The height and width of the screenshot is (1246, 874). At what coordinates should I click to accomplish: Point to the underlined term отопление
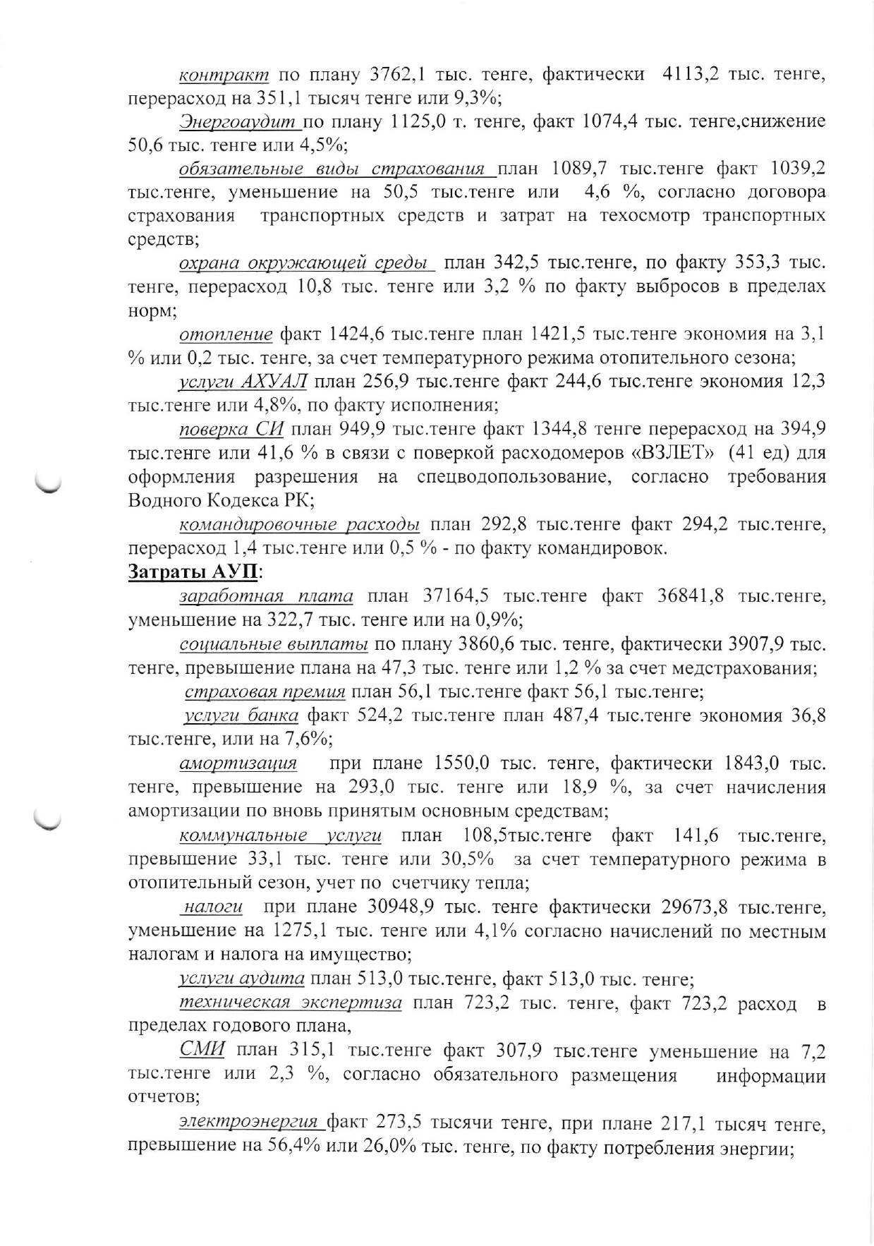tap(226, 334)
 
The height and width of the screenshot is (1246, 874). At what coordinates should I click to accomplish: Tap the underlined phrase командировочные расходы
tap(300, 525)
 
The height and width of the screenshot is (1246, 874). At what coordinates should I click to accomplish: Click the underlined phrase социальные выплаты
tap(274, 643)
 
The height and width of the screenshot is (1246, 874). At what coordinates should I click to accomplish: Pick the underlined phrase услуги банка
tap(241, 715)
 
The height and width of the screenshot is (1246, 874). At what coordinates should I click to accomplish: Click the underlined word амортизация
tap(238, 763)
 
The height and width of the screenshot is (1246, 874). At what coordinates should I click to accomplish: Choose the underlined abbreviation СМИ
tap(202, 1050)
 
